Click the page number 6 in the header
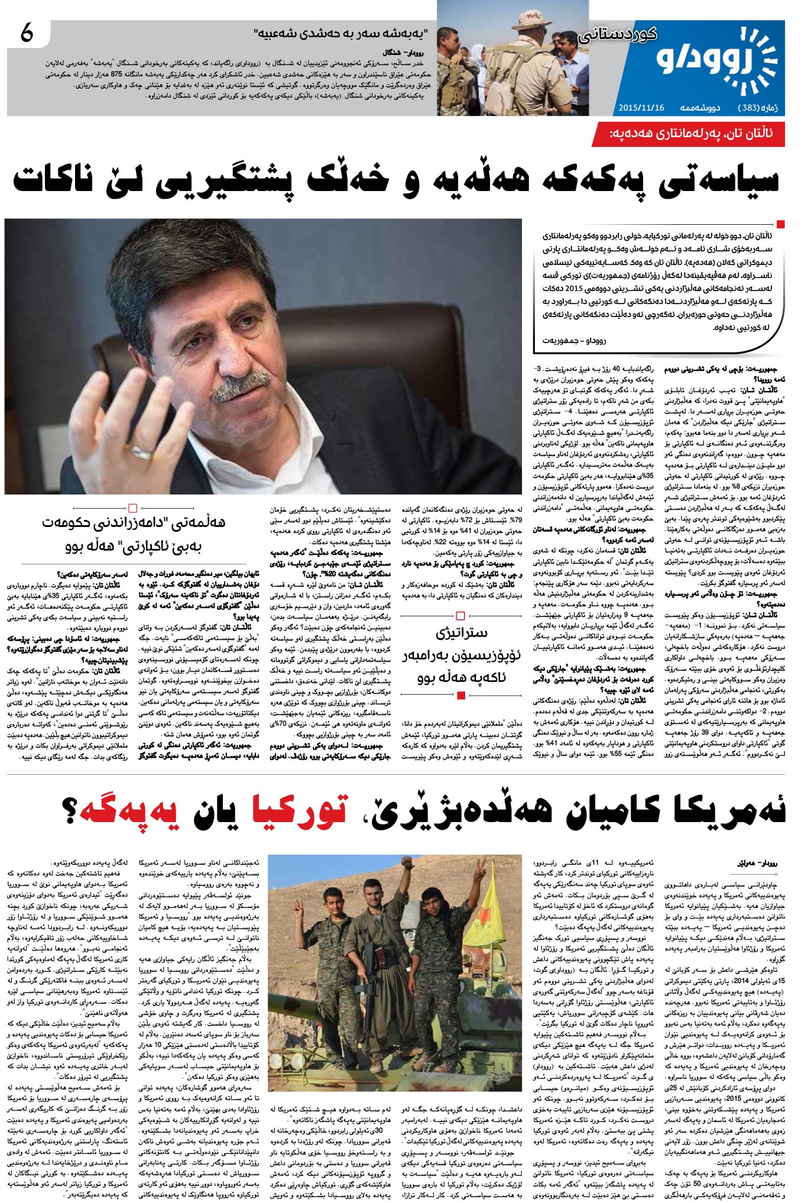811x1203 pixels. pos(27,35)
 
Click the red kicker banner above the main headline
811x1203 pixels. pos(690,134)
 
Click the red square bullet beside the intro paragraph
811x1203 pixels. pos(780,224)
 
